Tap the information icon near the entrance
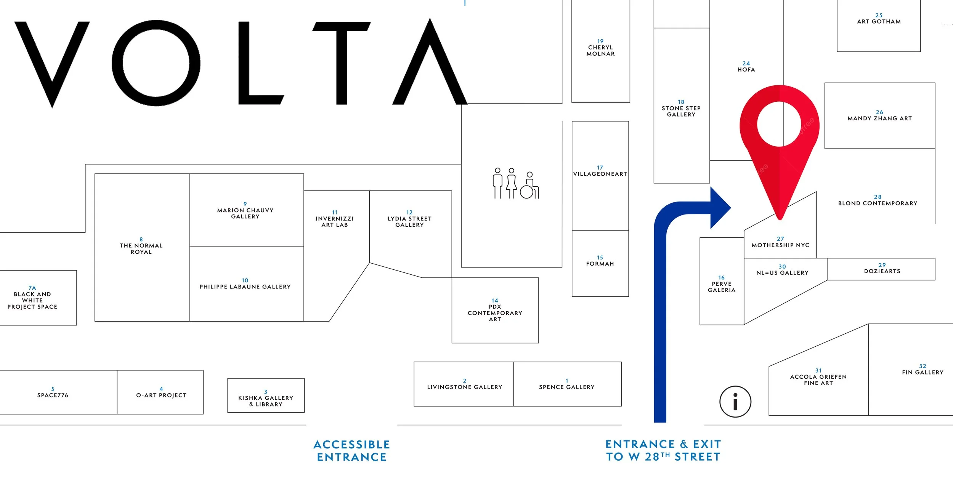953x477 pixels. (x=735, y=402)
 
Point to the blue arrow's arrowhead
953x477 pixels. (x=718, y=208)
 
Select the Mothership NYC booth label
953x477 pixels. (x=780, y=245)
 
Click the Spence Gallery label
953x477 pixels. (x=566, y=387)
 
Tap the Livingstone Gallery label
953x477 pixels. (x=464, y=387)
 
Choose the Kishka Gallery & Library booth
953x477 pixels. (x=266, y=401)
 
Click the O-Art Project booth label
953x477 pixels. (x=161, y=395)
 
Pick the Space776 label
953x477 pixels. (x=53, y=395)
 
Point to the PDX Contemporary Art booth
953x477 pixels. (x=495, y=313)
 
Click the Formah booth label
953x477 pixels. (x=600, y=264)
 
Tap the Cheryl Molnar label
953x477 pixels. (x=600, y=50)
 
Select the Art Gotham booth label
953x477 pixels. (x=879, y=22)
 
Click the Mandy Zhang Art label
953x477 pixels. (x=879, y=118)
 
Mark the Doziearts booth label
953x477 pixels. (x=882, y=271)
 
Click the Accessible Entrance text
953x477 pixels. (x=351, y=451)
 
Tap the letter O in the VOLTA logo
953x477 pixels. (x=156, y=63)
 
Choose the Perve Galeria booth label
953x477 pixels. (x=721, y=287)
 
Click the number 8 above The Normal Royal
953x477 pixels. (x=141, y=240)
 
